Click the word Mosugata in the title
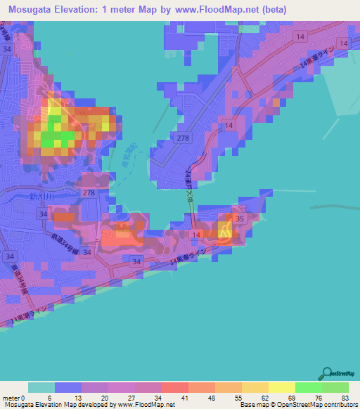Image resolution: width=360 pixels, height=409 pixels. click(35, 10)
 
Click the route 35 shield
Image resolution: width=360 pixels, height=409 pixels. click(239, 219)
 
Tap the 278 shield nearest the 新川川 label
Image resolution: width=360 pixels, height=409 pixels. click(89, 192)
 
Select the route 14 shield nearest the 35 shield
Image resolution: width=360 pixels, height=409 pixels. click(195, 233)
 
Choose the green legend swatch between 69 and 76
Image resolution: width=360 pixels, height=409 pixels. click(308, 387)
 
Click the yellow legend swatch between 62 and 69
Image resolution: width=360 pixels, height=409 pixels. click(281, 387)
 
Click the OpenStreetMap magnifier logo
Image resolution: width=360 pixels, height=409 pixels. click(327, 374)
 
